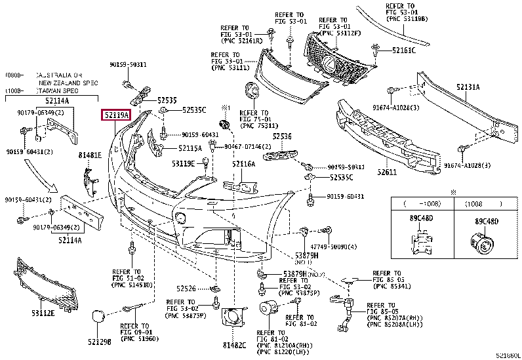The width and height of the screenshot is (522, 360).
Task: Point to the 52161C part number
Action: pos(404,50)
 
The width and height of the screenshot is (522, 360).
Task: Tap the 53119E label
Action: pos(184,163)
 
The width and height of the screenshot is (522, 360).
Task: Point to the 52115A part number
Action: pos(190,148)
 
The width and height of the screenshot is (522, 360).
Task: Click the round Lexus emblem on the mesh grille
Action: pos(327,63)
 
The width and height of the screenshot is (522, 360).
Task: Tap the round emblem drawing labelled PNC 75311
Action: pos(251,92)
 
